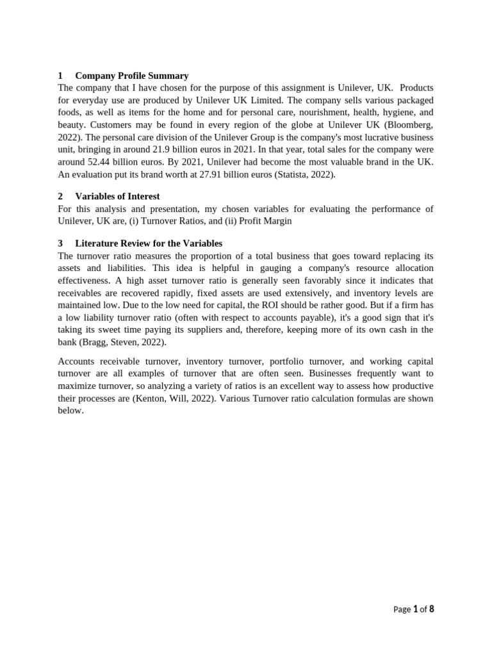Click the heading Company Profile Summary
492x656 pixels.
point(131,76)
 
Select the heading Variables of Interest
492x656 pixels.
point(117,197)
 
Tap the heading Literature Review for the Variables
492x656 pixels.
point(149,243)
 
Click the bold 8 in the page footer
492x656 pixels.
point(431,609)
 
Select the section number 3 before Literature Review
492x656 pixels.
point(60,243)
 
